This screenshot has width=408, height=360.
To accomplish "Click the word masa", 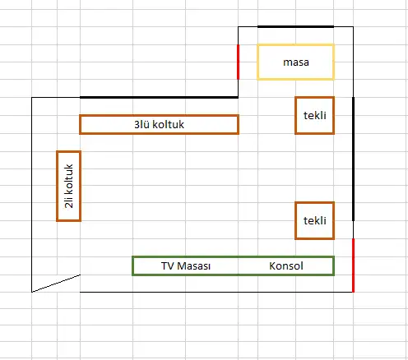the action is coord(296,62).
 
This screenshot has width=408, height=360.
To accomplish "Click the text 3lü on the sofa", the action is coord(141,124).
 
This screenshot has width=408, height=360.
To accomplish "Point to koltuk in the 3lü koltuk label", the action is coord(168,124).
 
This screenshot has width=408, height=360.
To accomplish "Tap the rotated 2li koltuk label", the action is coord(68,186).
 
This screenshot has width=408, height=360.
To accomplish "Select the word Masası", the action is coord(194,265).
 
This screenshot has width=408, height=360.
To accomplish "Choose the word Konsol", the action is coord(286,265).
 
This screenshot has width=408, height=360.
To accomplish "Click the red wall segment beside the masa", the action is coord(238,62).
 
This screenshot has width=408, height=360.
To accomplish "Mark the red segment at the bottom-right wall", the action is coord(353,265).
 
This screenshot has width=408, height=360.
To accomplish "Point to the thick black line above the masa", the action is coord(295,26).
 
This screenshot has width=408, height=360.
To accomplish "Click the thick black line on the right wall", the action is coord(353,159).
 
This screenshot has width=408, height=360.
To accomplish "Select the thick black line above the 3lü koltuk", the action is coord(159,97).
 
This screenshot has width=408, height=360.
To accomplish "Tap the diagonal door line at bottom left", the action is coord(56,284).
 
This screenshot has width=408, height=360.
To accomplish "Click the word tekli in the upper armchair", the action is coord(315,115).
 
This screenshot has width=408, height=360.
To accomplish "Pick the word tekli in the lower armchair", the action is coord(315,220).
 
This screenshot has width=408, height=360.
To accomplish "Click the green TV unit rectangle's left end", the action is coord(132,265).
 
